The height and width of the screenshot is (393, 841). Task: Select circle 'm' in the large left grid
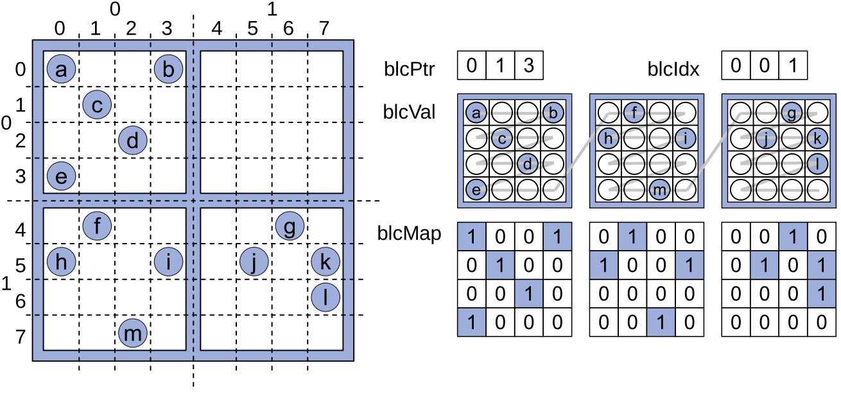133,333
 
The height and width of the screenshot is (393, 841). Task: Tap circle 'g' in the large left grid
290,226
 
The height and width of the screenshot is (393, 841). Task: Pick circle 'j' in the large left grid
254,262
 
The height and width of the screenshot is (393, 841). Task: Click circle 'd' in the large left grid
133,140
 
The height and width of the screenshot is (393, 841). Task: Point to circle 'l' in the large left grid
326,297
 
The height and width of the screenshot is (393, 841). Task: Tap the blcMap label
410,234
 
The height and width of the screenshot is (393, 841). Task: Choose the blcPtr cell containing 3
528,66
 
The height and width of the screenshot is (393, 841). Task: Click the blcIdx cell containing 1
792,66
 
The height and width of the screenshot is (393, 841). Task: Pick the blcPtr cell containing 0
472,66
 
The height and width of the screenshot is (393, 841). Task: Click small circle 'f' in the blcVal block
634,113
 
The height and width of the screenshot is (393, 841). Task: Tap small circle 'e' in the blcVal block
476,190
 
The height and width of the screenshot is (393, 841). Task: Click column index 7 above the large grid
325,29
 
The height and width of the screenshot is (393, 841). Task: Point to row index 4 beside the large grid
20,230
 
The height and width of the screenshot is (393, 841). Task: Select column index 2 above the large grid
132,29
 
